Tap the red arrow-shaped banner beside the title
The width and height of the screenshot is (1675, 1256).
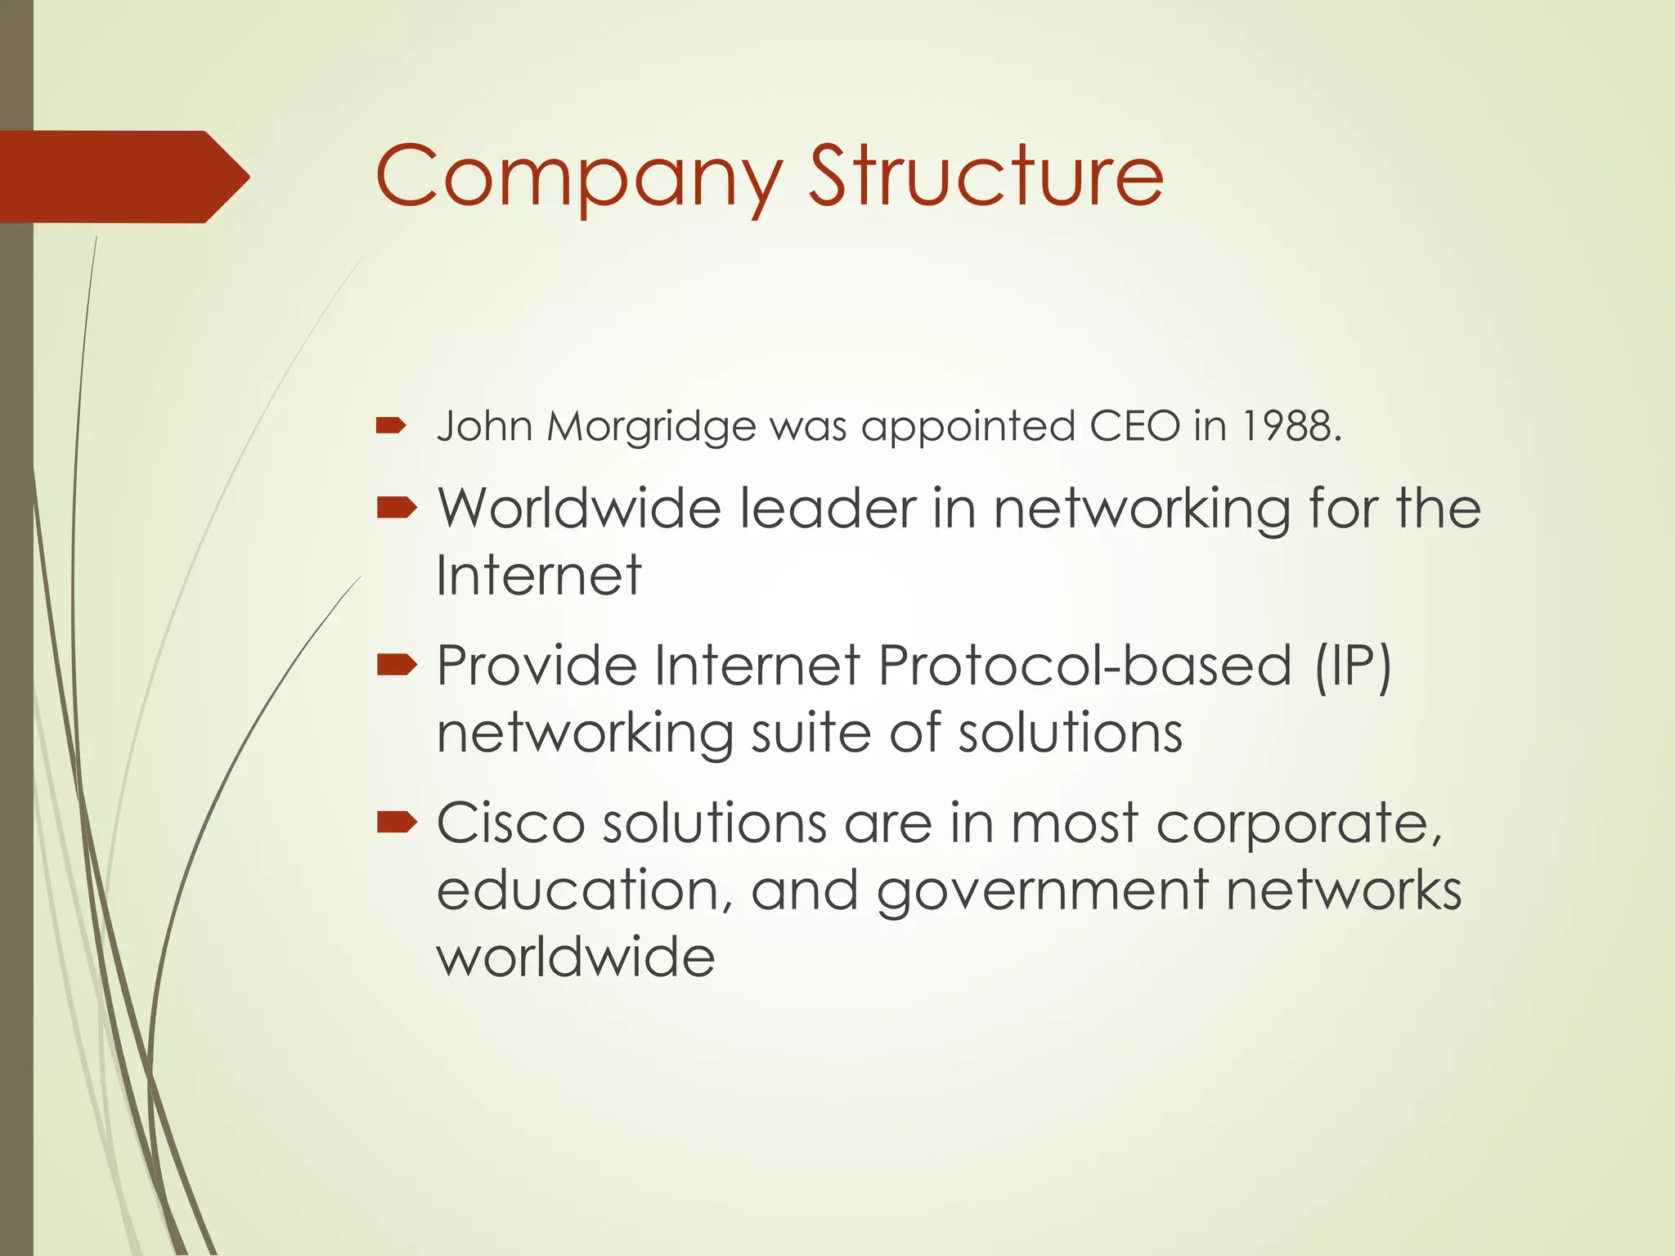(x=123, y=177)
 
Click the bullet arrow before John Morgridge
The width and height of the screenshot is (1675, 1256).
(x=391, y=425)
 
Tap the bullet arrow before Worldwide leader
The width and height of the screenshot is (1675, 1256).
(x=397, y=509)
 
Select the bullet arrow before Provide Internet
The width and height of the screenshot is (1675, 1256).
(x=397, y=666)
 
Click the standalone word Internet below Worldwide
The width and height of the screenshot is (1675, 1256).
(x=538, y=576)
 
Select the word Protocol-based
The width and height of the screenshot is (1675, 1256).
(x=1084, y=666)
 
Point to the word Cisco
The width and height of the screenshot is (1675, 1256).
(x=510, y=823)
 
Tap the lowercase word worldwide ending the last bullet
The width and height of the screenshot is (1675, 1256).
(x=576, y=957)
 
